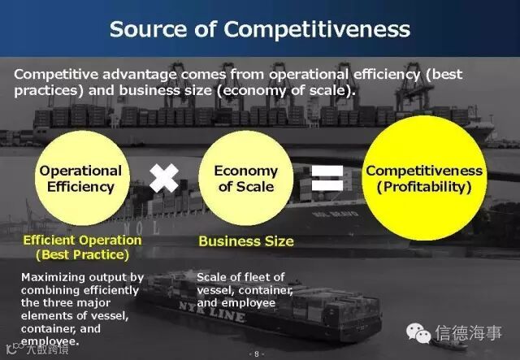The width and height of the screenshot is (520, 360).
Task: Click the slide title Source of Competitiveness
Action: coord(259,29)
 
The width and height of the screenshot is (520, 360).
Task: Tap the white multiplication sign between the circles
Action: coord(164,177)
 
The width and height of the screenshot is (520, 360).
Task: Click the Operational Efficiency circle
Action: coord(80,178)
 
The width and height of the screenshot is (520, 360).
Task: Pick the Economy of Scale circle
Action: coord(246,178)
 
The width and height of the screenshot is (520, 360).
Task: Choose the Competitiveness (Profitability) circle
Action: coord(423,179)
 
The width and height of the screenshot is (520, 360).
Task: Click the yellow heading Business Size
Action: coord(246,241)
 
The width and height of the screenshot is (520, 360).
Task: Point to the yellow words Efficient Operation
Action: coord(82,240)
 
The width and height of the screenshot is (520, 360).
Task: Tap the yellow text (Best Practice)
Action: coord(82,254)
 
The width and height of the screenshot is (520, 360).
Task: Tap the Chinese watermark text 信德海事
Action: coord(468,333)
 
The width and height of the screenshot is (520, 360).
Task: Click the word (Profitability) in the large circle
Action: coord(423,187)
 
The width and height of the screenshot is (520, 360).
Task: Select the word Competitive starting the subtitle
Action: coord(54,74)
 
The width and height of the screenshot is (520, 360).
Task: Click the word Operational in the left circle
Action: coord(80,171)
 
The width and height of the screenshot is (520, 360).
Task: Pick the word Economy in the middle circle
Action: coord(246,171)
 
